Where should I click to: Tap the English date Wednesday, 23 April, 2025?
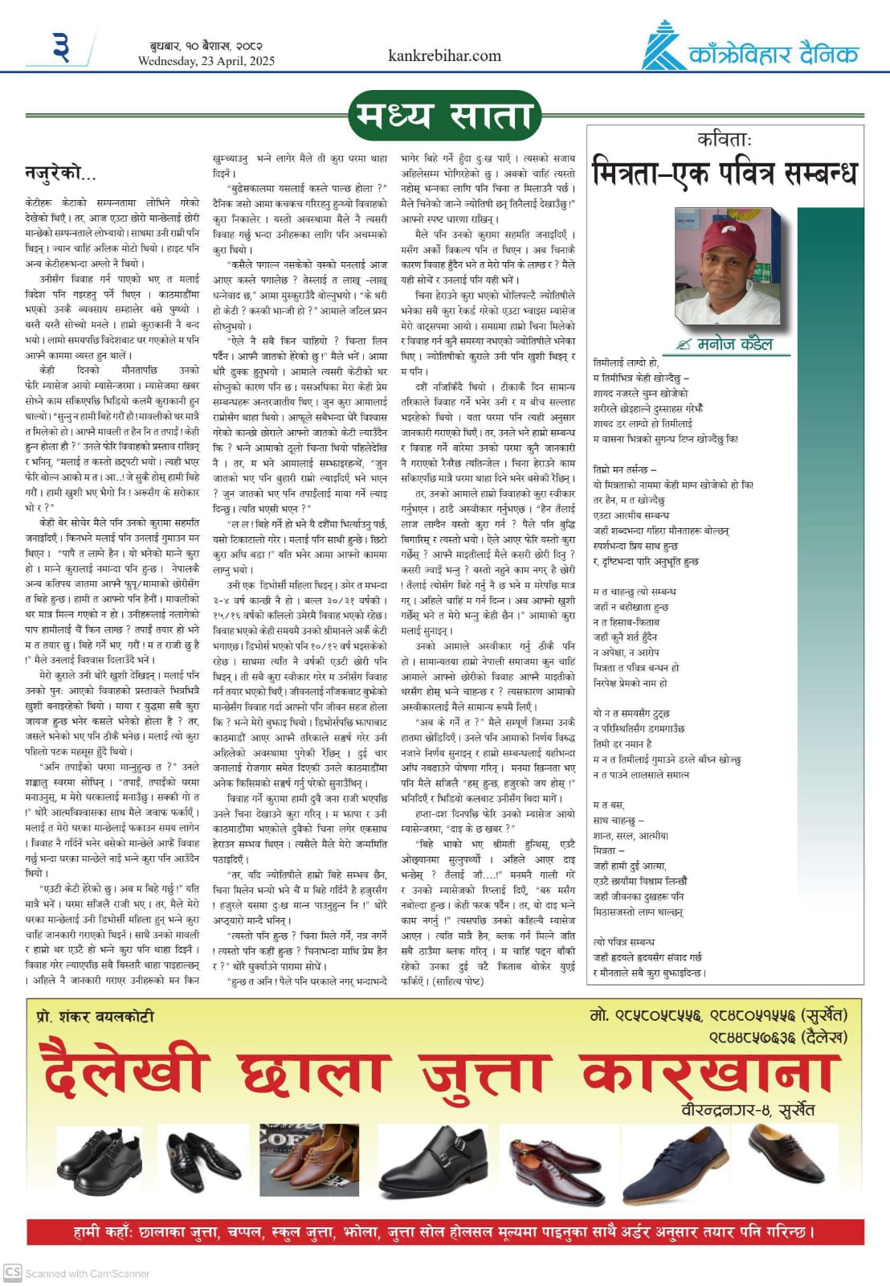click(x=206, y=61)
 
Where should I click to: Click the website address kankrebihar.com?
click(x=444, y=55)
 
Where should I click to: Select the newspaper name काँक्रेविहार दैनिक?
click(x=774, y=54)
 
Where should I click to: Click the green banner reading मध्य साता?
click(x=444, y=116)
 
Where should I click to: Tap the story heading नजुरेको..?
click(x=60, y=172)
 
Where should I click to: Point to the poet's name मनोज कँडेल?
click(x=734, y=344)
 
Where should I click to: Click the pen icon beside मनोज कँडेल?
click(x=684, y=345)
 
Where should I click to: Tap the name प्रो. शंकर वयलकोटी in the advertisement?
click(x=96, y=1016)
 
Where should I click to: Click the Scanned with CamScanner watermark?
click(x=78, y=1273)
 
